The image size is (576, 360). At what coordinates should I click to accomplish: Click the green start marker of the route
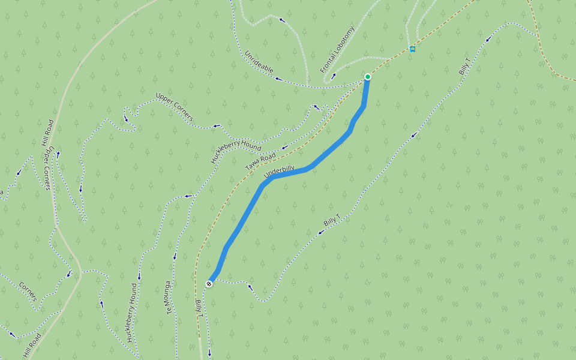(367, 77)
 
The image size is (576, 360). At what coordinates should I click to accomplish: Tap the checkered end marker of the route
(209, 284)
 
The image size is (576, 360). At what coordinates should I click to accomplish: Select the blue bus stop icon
(412, 49)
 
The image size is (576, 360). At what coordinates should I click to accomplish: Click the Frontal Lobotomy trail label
(338, 53)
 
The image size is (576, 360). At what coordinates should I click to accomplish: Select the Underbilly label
(280, 172)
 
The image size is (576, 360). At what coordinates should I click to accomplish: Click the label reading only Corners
(28, 292)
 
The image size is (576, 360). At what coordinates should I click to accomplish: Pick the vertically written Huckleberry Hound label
(132, 312)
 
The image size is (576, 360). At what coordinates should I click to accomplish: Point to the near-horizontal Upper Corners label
(174, 107)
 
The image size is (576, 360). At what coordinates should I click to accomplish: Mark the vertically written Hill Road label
(48, 133)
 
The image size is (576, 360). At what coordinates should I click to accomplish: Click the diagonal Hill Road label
(32, 346)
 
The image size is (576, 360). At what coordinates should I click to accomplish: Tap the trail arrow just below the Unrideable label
(278, 78)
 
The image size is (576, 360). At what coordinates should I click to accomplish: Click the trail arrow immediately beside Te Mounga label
(175, 257)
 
